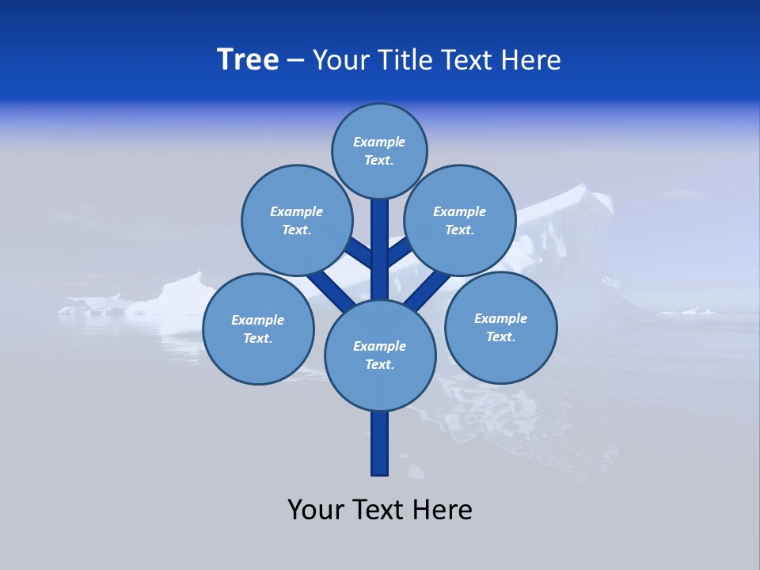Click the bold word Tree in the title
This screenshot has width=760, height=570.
pyautogui.click(x=248, y=60)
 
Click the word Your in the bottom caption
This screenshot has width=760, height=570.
pyautogui.click(x=315, y=510)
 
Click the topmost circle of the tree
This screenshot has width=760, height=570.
pyautogui.click(x=379, y=150)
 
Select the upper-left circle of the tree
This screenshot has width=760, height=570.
pyautogui.click(x=297, y=220)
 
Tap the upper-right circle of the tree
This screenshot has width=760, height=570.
pyautogui.click(x=460, y=220)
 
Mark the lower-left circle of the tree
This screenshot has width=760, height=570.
pyautogui.click(x=258, y=329)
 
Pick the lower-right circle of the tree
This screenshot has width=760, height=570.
pyautogui.click(x=500, y=327)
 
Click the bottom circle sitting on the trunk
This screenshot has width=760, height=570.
pyautogui.click(x=380, y=355)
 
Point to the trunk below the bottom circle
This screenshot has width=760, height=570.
pyautogui.click(x=380, y=443)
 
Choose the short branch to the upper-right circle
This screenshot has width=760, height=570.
pyautogui.click(x=399, y=252)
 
